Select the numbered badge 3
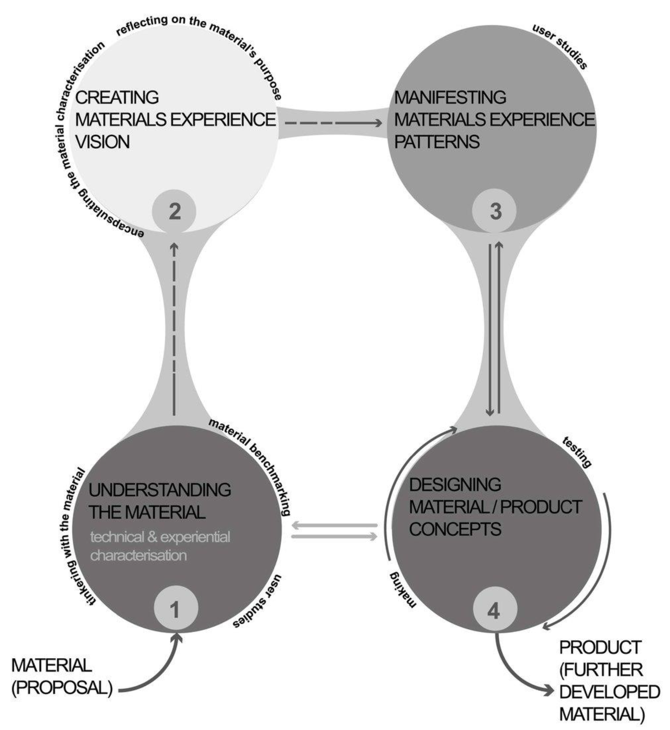(495, 211)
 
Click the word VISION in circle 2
(103, 142)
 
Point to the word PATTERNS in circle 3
(437, 142)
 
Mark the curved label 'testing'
(577, 452)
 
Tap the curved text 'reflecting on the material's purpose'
(203, 40)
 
